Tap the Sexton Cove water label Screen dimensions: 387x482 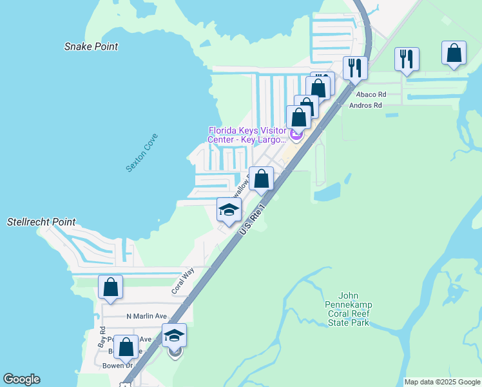click(x=142, y=153)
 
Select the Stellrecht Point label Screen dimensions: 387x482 click(x=41, y=222)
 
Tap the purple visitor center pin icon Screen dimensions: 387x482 click(x=296, y=135)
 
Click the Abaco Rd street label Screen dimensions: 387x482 click(x=371, y=94)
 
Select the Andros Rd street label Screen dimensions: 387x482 click(x=365, y=105)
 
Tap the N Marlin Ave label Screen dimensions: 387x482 click(x=146, y=316)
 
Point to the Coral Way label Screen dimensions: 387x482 click(x=182, y=282)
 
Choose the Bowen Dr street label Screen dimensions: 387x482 click(x=117, y=366)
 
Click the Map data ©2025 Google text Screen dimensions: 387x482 click(x=442, y=382)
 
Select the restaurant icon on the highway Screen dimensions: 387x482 click(x=355, y=66)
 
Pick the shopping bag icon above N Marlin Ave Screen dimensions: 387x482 click(x=110, y=287)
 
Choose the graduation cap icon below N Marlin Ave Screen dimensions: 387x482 click(x=174, y=335)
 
